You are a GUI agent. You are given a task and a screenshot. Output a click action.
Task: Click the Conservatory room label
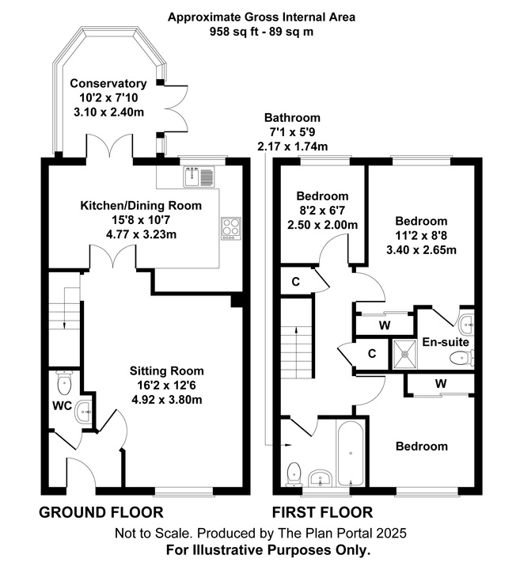pos(108,84)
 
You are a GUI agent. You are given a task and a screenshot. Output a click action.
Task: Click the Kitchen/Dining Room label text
pos(141,206)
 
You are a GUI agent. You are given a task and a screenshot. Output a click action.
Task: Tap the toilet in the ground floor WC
pos(64,385)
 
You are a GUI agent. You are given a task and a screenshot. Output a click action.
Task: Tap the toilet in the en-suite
pos(459,359)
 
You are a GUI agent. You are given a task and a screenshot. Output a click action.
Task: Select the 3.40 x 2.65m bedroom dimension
pos(421,250)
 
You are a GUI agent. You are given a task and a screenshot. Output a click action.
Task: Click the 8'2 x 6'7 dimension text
pos(322,211)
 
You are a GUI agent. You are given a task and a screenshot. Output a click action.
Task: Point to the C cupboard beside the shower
pos(372,354)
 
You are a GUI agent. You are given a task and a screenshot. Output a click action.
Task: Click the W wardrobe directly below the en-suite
pos(440,384)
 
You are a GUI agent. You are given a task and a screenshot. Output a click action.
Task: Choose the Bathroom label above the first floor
pos(292,117)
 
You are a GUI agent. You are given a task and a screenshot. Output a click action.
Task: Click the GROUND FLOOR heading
pos(101,512)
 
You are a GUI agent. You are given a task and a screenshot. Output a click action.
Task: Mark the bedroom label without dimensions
pos(422,446)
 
